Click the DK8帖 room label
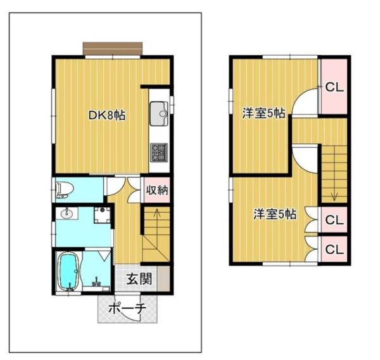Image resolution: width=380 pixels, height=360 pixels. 106,115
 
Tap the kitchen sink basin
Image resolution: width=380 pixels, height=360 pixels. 159,113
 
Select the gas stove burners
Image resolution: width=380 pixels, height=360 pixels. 159,152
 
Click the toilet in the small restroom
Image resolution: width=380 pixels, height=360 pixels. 65,190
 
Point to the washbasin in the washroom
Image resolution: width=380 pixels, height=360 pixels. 66,214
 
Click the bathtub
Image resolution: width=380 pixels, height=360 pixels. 69,271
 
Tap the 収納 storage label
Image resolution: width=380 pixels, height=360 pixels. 157,190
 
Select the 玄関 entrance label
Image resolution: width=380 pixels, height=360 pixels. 139,278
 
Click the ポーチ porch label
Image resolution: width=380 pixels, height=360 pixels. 127,308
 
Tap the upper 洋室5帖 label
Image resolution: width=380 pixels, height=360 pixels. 263,113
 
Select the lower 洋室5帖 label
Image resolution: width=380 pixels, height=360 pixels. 275,214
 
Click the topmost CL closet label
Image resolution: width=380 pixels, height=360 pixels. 334,87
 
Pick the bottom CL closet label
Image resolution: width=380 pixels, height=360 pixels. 334,249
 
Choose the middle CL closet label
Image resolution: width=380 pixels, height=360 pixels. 334,220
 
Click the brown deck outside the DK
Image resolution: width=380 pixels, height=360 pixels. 113,49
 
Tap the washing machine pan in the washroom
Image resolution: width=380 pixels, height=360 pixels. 102,215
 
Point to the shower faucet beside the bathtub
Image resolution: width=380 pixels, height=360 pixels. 97,282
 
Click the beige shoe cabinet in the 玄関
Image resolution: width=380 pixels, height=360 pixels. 163,278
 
